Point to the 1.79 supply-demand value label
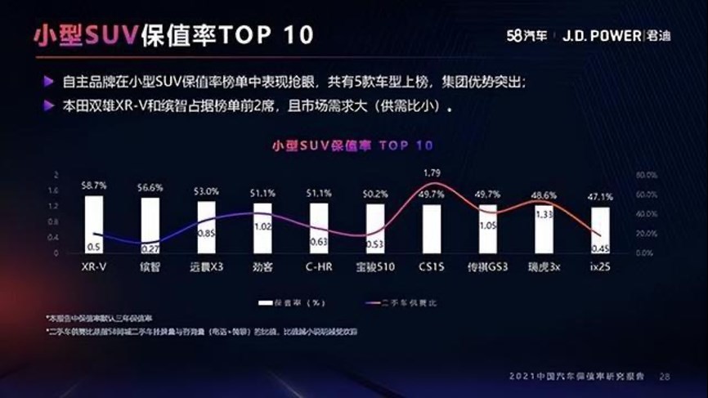[x=432, y=172]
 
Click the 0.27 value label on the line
[x=150, y=248]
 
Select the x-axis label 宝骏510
[x=375, y=266]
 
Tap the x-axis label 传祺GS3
[x=487, y=266]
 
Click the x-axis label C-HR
[x=320, y=266]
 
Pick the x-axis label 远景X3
[x=207, y=266]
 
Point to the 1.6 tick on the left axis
[x=56, y=191]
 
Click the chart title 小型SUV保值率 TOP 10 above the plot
[x=352, y=145]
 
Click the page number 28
[x=664, y=377]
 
